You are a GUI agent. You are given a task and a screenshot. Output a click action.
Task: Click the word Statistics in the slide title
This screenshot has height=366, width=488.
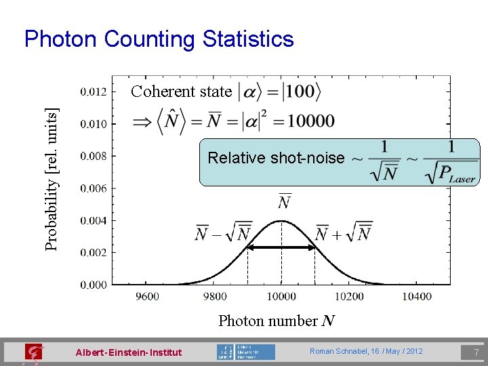248,39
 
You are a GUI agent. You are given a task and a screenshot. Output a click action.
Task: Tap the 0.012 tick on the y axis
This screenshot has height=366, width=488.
94,91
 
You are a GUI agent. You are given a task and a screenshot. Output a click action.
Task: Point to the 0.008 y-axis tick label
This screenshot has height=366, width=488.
94,156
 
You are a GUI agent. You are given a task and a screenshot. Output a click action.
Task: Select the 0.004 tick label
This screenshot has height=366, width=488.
94,220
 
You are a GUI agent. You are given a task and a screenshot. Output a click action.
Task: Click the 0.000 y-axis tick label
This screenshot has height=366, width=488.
94,285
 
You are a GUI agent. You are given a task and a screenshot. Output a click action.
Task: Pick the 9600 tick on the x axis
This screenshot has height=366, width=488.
147,296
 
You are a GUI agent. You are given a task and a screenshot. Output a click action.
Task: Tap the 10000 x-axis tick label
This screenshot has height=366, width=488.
281,296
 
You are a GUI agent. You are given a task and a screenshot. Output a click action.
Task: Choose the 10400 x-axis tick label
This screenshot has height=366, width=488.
415,296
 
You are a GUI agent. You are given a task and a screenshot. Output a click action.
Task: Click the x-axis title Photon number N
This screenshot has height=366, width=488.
277,321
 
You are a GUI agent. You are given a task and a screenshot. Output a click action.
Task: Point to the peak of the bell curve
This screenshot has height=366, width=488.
281,221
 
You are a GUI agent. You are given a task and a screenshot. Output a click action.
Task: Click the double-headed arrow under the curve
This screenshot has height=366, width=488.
281,248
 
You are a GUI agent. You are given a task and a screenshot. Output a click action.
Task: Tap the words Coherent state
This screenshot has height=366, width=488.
181,91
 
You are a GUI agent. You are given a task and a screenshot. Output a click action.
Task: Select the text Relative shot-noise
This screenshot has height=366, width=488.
276,158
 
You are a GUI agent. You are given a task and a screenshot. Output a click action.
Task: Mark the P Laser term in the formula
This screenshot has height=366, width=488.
453,176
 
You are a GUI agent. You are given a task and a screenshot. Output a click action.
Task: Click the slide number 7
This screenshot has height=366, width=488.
476,352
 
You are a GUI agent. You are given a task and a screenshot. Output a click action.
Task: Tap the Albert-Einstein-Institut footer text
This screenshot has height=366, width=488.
129,352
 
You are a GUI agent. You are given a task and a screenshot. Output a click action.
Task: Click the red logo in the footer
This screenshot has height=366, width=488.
33,352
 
